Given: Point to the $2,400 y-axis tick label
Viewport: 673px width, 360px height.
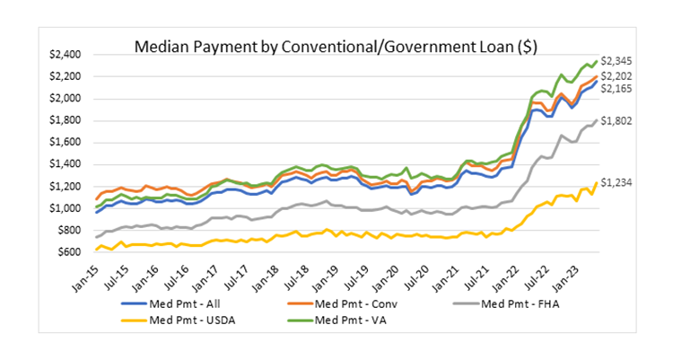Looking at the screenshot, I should click(67, 55).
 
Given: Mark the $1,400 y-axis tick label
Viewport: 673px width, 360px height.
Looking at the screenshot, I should click(67, 164).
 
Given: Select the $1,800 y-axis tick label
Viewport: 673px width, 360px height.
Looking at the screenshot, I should click(67, 120).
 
